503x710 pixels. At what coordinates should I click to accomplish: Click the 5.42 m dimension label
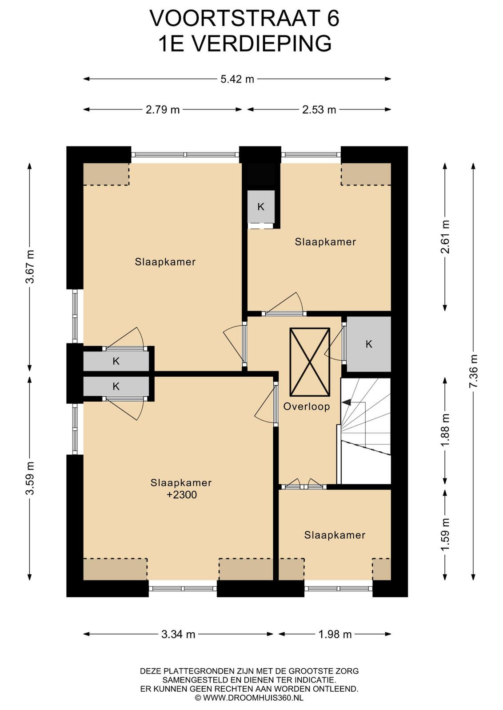pos(237,79)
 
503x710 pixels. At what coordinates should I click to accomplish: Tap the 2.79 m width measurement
pos(163,110)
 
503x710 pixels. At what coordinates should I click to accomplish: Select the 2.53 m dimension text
pos(319,110)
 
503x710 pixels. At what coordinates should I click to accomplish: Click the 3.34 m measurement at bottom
pos(178,634)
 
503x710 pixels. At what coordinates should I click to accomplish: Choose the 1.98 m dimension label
pos(335,634)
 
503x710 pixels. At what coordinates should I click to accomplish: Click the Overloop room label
pos(307,406)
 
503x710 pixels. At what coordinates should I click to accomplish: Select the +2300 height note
pos(182,495)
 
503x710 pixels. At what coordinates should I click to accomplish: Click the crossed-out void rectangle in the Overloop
pos(310,362)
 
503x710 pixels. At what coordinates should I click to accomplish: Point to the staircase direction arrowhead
pos(346,402)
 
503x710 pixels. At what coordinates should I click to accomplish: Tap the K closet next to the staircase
pos(368,344)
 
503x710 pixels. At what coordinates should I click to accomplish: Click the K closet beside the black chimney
pos(261,207)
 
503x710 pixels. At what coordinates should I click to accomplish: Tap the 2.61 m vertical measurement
pos(445,237)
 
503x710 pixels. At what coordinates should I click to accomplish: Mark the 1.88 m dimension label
pos(445,430)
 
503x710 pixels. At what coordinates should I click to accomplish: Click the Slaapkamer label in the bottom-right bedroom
pos(335,535)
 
